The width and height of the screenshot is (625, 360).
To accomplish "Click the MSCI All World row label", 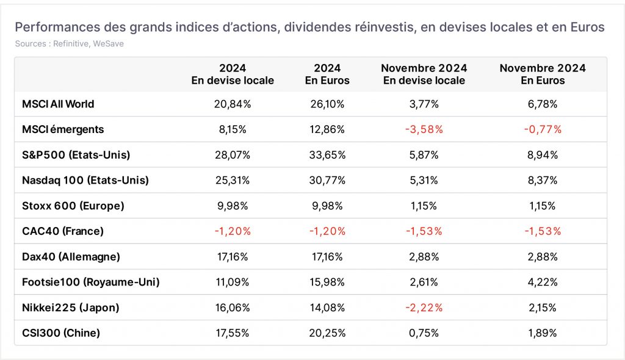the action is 58,104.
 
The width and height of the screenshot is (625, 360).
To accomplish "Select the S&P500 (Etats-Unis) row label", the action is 76,155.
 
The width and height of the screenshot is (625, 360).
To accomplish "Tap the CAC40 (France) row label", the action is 63,231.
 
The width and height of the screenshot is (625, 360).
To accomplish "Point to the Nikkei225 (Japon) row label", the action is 71,308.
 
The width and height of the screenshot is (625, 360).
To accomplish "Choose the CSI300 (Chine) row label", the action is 61,333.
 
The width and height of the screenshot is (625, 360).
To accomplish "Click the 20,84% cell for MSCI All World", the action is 233,104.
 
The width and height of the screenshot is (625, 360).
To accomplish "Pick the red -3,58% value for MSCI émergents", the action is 424,129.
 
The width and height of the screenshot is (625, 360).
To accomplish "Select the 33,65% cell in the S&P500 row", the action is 327,155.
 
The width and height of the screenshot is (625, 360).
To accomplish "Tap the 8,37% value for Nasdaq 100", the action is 543,180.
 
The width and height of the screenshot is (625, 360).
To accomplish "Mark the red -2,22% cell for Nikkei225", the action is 424,308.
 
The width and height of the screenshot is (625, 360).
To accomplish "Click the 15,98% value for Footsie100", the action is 327,283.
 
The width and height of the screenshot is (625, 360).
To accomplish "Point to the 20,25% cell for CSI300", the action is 327,333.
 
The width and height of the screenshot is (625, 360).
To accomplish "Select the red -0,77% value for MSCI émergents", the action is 543,129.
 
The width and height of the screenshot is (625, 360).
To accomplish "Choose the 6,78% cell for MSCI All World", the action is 543,104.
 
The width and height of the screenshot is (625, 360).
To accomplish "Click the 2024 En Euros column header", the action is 327,74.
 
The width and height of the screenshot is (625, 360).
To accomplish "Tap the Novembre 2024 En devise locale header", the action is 424,74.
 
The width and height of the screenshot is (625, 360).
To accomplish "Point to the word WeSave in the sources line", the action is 108,44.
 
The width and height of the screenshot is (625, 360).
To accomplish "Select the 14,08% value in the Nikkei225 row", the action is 327,308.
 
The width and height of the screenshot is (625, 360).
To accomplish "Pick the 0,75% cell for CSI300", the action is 424,333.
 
